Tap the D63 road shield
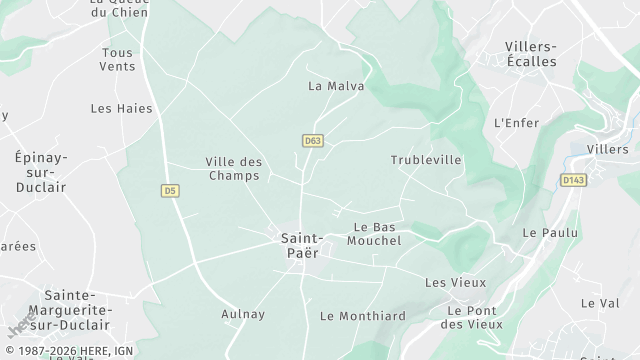[x=313, y=141]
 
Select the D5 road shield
[x=170, y=190]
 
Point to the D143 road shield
[x=572, y=180]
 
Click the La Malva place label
[x=336, y=86]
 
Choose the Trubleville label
[x=426, y=160]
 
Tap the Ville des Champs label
[x=233, y=168]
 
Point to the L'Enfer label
[x=516, y=123]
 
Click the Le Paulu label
[x=544, y=232]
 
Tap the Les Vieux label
[x=455, y=283]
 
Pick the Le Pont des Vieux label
[x=470, y=317]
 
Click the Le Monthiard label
[x=363, y=316]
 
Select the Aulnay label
[x=243, y=314]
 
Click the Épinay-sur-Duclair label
[x=40, y=172]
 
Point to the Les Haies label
[x=115, y=108]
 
